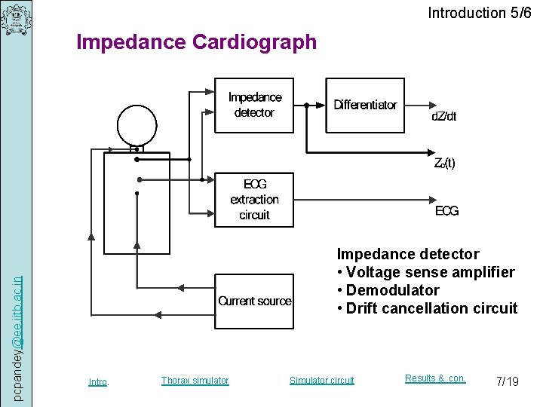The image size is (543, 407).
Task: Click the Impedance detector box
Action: click(254, 106)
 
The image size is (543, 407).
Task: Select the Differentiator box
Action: click(365, 106)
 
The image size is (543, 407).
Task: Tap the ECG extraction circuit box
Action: click(254, 200)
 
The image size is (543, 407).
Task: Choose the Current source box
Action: click(254, 301)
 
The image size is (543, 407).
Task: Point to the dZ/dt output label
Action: click(443, 116)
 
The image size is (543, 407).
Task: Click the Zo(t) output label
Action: click(444, 163)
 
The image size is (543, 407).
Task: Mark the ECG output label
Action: click(446, 211)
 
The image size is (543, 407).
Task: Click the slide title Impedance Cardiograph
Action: click(197, 42)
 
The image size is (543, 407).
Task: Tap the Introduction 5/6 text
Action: click(479, 13)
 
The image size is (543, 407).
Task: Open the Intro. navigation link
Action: click(99, 382)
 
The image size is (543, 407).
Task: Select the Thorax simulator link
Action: click(195, 381)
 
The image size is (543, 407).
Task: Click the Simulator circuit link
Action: click(321, 381)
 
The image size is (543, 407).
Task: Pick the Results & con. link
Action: click(435, 378)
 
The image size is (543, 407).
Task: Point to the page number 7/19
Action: click(508, 381)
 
